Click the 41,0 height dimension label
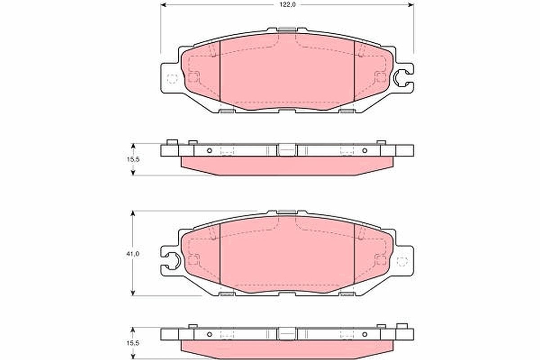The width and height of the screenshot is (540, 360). (132, 253)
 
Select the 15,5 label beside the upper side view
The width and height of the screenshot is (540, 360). (133, 159)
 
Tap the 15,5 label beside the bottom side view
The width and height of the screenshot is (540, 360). (133, 343)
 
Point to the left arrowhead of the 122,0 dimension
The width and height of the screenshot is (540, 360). (163, 5)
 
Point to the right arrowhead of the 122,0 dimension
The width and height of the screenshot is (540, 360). (411, 5)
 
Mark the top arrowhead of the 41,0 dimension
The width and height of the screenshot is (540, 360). (132, 214)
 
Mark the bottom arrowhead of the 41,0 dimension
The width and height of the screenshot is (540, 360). (132, 293)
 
